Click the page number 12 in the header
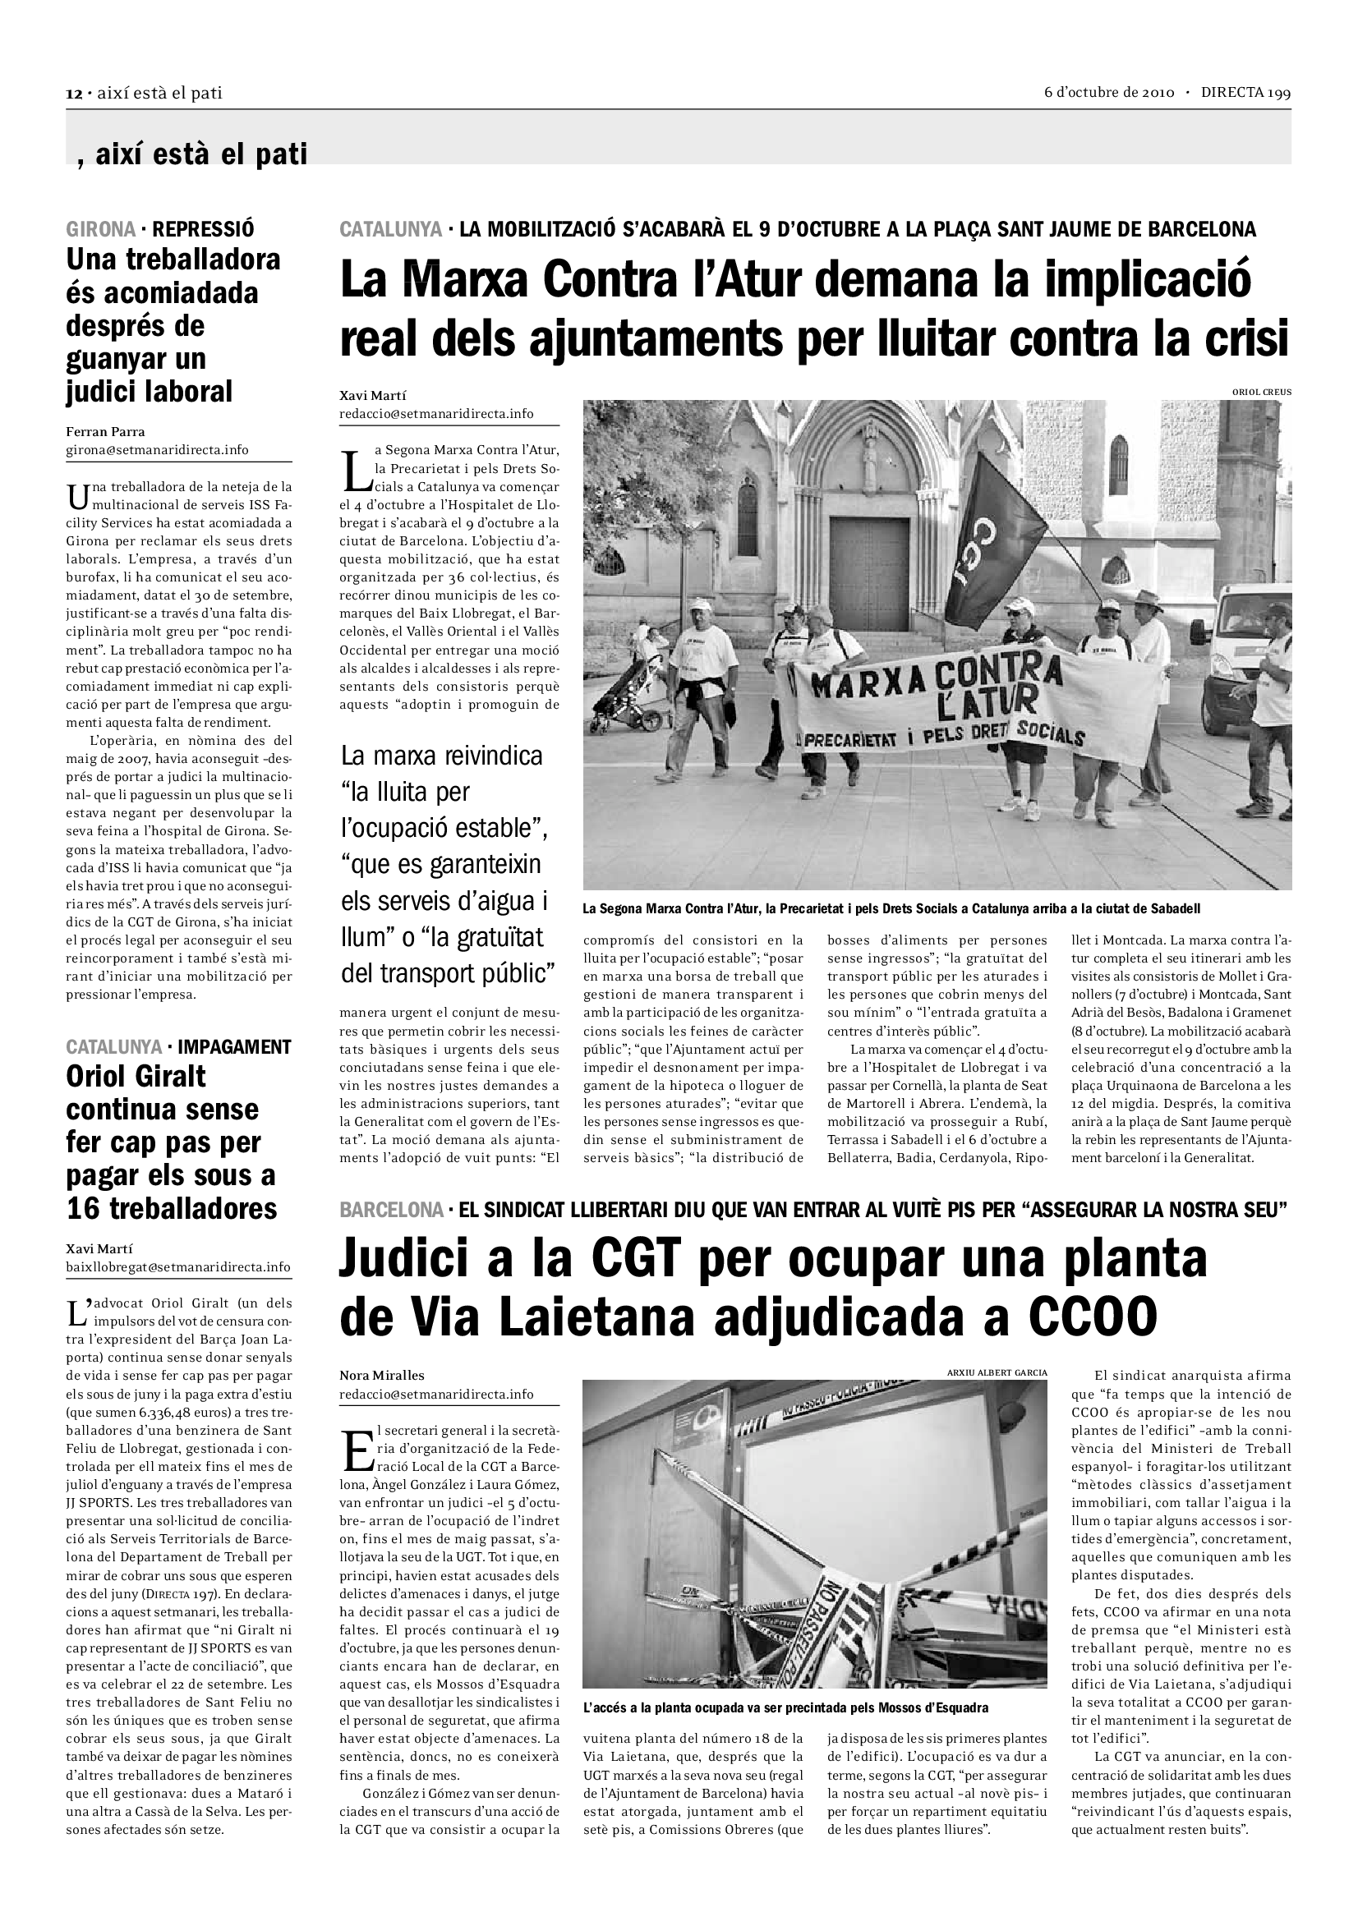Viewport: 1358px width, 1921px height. tap(73, 94)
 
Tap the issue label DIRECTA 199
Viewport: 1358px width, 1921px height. tap(1245, 93)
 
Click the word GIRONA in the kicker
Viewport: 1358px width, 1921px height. tap(100, 228)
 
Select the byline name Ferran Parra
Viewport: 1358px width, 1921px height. tap(105, 432)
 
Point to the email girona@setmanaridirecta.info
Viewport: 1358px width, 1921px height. tap(157, 450)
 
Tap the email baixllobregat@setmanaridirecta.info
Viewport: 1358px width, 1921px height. tap(178, 1267)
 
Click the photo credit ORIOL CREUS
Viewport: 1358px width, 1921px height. tap(1261, 392)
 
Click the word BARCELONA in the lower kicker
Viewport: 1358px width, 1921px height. tap(391, 1210)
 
